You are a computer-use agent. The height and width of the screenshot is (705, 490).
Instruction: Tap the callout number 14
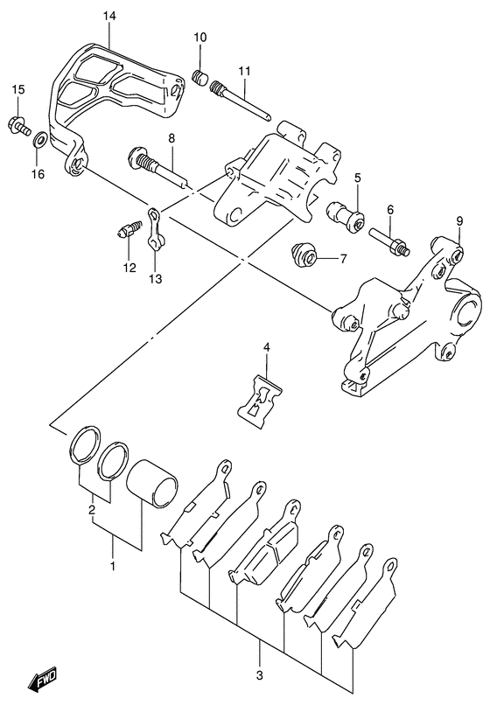[108, 17]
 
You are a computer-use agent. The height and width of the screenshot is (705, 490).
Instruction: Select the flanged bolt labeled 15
[19, 125]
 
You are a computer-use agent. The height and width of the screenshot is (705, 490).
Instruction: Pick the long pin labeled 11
[241, 100]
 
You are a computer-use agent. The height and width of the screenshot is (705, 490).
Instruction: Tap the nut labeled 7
[304, 255]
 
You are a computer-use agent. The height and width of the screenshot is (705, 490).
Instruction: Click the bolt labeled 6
[389, 241]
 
